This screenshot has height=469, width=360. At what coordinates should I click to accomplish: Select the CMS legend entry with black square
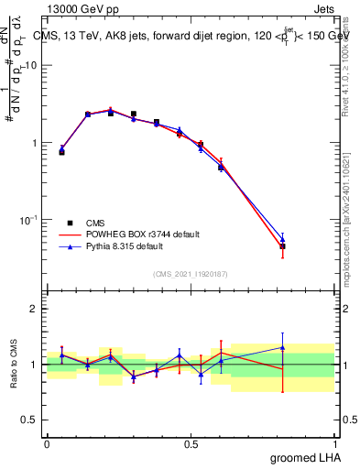pyautogui.click(x=94, y=223)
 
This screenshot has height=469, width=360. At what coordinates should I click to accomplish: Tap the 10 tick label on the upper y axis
pyautogui.click(x=31, y=66)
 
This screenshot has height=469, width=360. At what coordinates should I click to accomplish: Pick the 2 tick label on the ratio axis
pyautogui.click(x=35, y=309)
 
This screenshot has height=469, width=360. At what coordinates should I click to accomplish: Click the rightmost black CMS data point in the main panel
pyautogui.click(x=283, y=246)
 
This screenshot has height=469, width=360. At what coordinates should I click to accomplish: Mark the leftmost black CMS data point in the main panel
pyautogui.click(x=61, y=152)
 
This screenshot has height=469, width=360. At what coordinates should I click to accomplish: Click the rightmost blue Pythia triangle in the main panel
pyautogui.click(x=283, y=239)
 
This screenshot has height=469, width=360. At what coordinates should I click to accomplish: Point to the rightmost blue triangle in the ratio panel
pyautogui.click(x=283, y=347)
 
